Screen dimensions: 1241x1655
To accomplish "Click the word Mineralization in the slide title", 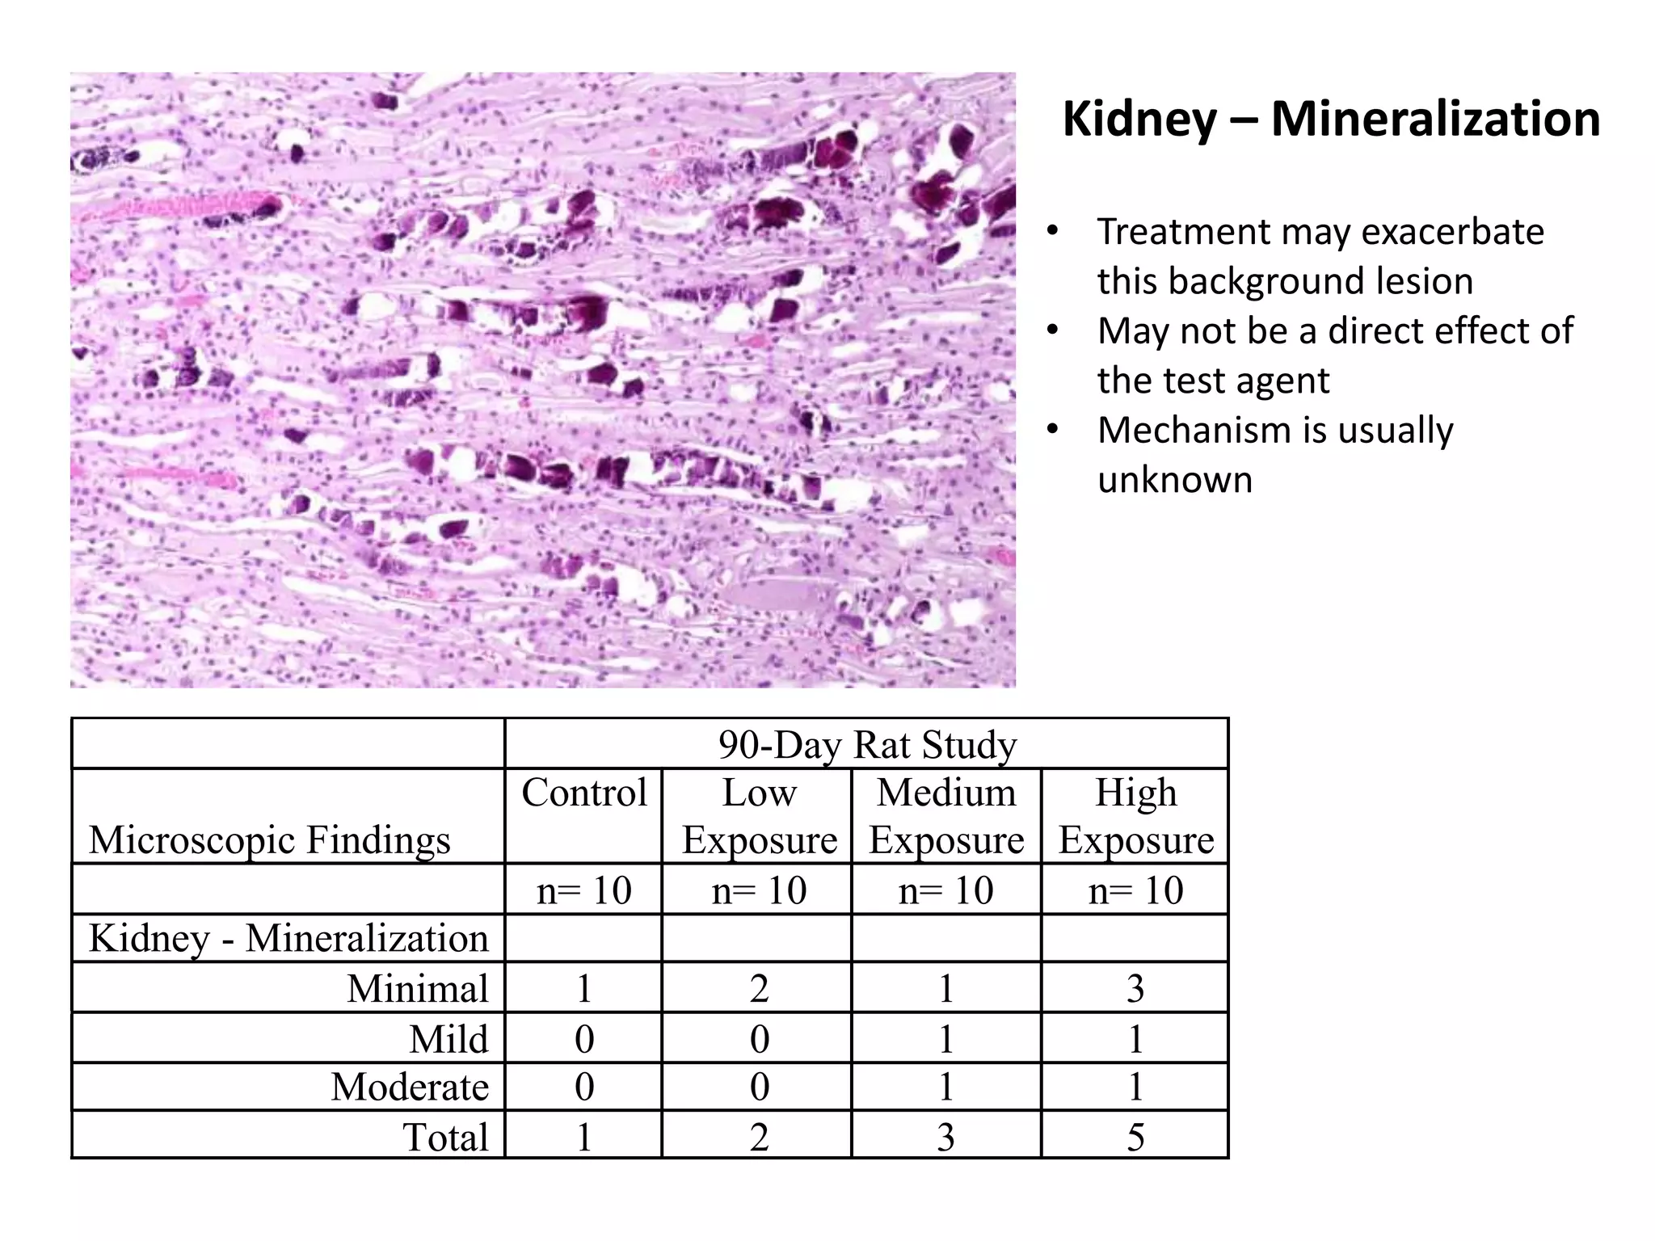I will (x=1435, y=119).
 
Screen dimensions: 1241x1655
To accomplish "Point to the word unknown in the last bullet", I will (x=1174, y=480).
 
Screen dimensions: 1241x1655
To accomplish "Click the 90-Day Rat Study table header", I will (x=866, y=744).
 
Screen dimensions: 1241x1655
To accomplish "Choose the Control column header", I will (x=583, y=793).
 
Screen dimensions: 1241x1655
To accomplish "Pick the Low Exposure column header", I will (x=758, y=816).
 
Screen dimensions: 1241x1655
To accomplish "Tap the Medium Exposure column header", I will (x=946, y=816).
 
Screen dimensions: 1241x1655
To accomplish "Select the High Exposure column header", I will (x=1135, y=816).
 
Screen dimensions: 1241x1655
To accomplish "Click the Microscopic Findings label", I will (x=269, y=840).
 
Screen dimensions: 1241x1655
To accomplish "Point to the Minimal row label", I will (x=418, y=988).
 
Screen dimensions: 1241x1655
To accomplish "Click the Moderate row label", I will (x=410, y=1087).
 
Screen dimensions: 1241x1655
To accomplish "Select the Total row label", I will (x=445, y=1137).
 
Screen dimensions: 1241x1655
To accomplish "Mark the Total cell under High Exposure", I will (x=1135, y=1137).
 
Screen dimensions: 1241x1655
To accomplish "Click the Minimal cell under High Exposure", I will (x=1135, y=988).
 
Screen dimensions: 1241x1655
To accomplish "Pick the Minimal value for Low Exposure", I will (x=758, y=988).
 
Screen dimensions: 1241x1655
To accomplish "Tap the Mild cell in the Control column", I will (x=583, y=1038).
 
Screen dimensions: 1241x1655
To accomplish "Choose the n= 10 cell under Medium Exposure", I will (x=946, y=890).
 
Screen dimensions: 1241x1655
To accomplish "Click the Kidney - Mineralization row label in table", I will (x=288, y=939).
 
